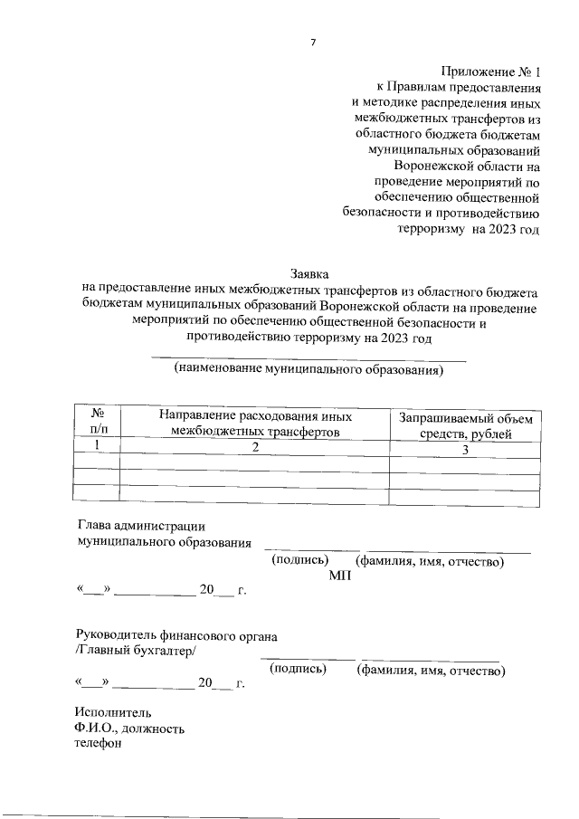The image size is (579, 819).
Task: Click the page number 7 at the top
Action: (312, 42)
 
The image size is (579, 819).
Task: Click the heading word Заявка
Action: (309, 272)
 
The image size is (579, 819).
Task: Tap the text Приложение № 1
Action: (491, 71)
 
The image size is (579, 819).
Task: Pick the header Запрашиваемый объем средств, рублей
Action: (466, 425)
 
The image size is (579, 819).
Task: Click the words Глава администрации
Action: (142, 526)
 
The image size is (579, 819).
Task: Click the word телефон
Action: (98, 744)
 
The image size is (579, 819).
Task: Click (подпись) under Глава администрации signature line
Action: (299, 561)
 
